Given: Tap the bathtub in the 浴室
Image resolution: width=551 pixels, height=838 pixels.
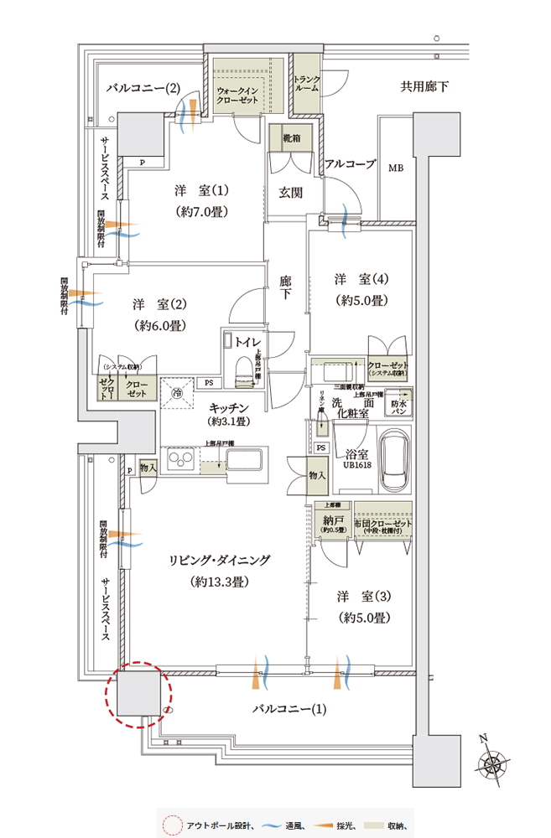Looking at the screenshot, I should (395, 464).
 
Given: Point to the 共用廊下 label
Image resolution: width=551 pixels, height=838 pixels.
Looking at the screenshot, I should (424, 85).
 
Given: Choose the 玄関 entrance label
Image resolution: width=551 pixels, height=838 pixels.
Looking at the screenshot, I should (290, 193).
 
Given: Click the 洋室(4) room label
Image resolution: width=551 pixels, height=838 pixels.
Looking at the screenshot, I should (361, 289).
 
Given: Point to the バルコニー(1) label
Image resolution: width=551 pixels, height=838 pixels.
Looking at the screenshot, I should (289, 710).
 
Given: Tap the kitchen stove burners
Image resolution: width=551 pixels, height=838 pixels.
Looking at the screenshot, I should (180, 460).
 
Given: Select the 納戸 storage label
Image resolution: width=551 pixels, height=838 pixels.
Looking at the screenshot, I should (335, 522).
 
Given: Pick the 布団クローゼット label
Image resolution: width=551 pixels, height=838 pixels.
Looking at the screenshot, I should (383, 522).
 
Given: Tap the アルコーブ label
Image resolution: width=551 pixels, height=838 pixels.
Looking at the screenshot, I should (350, 164).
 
